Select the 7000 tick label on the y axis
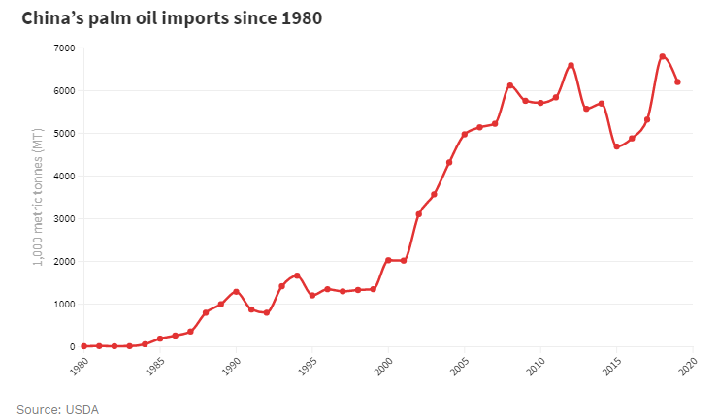[64, 48]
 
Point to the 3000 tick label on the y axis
[64, 218]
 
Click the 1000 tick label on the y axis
[64, 304]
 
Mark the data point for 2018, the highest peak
[662, 56]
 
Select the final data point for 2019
[677, 82]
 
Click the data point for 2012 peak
[571, 65]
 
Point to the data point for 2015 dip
[616, 146]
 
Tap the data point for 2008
[509, 85]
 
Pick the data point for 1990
[236, 291]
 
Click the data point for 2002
[418, 214]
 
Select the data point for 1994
[297, 275]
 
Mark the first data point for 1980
[83, 346]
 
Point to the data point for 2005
[464, 134]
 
